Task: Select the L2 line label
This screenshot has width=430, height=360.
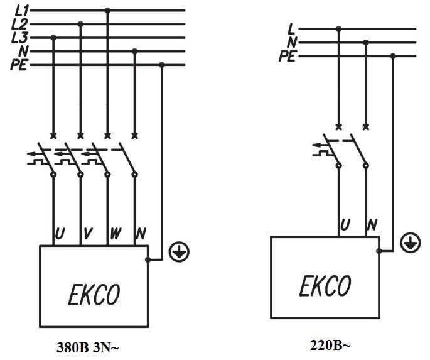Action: [x=19, y=25]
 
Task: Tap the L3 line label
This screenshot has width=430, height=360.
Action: [x=19, y=38]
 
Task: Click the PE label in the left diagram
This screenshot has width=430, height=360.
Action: [x=19, y=65]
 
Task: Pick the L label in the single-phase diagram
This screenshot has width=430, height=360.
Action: [x=291, y=29]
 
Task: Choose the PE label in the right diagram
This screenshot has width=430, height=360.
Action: [x=288, y=57]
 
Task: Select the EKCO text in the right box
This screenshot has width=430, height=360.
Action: [x=325, y=286]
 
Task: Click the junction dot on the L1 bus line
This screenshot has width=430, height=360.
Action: [x=107, y=11]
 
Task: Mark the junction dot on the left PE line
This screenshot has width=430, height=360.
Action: [x=162, y=65]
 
